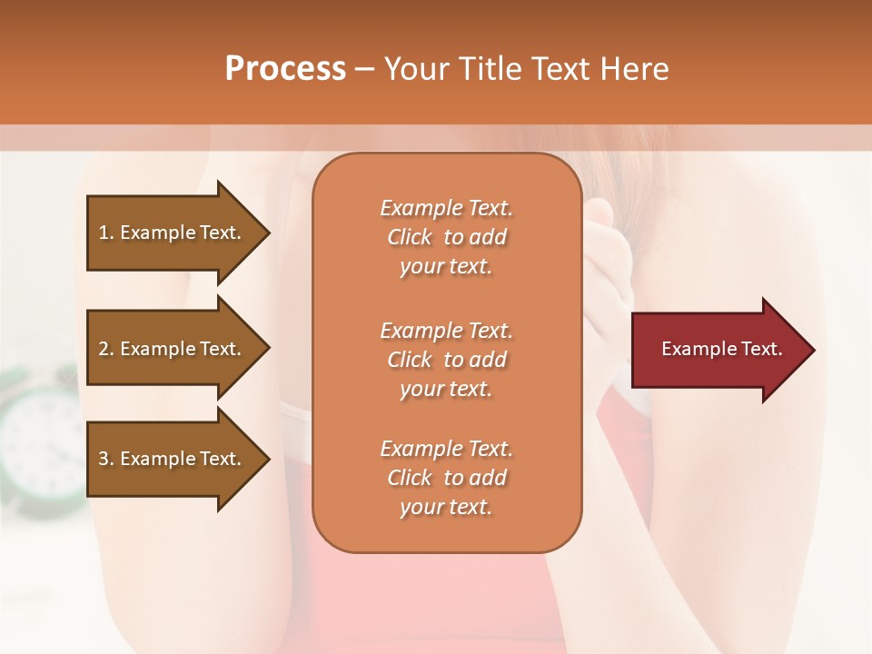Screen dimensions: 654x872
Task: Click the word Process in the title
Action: pyautogui.click(x=285, y=69)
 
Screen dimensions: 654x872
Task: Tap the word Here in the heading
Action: pyautogui.click(x=633, y=69)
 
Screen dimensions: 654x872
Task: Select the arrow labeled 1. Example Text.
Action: pyautogui.click(x=173, y=233)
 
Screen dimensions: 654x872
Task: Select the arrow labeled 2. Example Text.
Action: pyautogui.click(x=173, y=349)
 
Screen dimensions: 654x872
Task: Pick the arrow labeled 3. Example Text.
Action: pyautogui.click(x=173, y=459)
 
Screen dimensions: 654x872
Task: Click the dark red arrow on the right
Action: pyautogui.click(x=718, y=350)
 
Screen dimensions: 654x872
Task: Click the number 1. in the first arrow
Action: pyautogui.click(x=106, y=233)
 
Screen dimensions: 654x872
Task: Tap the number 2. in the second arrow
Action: pyautogui.click(x=106, y=349)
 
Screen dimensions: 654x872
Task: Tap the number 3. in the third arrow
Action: pyautogui.click(x=106, y=459)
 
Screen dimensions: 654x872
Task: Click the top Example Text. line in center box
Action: pyautogui.click(x=446, y=208)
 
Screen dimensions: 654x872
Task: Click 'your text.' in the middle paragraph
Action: pyautogui.click(x=446, y=389)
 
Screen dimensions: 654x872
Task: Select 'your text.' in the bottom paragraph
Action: pyautogui.click(x=446, y=507)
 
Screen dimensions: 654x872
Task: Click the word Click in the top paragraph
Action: pyautogui.click(x=409, y=237)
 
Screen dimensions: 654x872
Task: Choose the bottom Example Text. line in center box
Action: pyautogui.click(x=446, y=449)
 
